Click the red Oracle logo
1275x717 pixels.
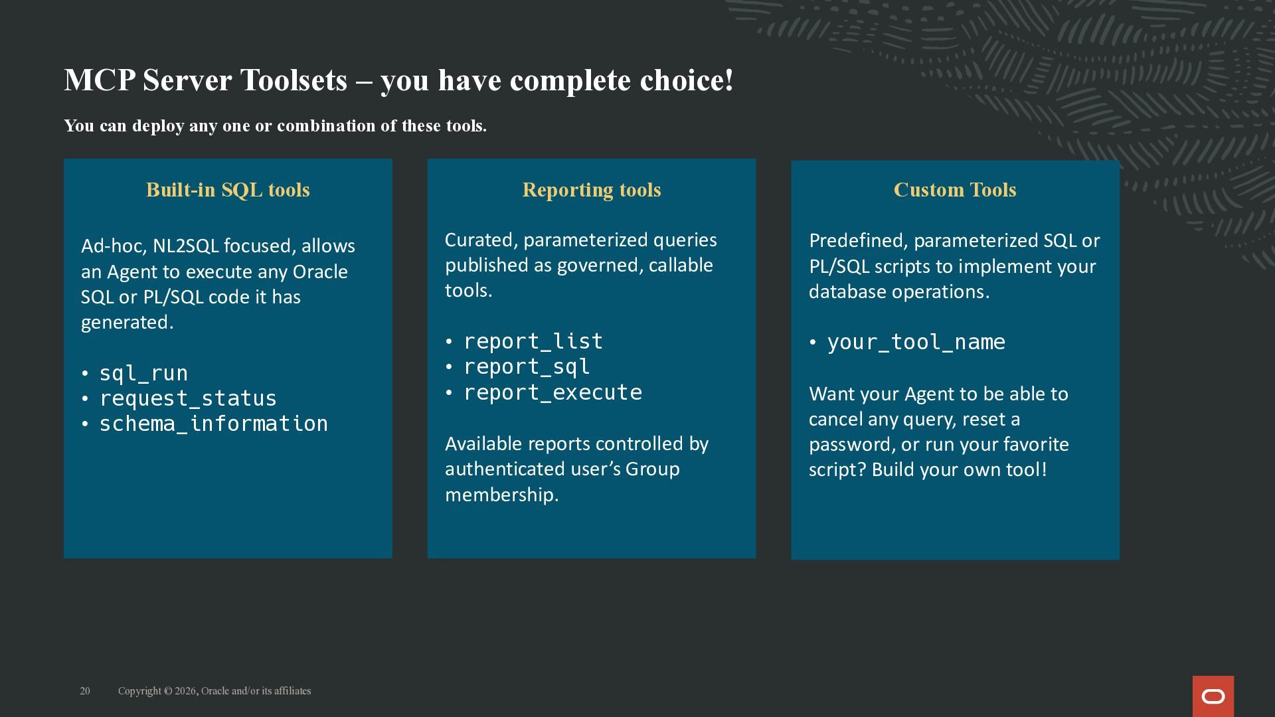[x=1213, y=696]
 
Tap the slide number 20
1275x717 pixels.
[x=85, y=691]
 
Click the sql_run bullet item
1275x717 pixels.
[x=143, y=373]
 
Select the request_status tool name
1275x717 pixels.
[x=188, y=398]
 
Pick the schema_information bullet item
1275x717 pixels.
[x=214, y=424]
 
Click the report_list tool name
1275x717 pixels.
[x=533, y=341]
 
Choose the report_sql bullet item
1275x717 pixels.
[x=527, y=366]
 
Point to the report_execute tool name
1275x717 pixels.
[x=552, y=392]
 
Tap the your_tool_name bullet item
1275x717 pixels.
[x=916, y=342]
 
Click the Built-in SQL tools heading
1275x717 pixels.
[x=228, y=190]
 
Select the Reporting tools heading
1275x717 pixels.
[x=592, y=190]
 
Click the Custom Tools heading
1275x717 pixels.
[x=955, y=190]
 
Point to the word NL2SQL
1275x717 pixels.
[x=185, y=246]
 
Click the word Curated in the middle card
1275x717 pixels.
[x=481, y=240]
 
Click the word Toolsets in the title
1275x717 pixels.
[x=293, y=80]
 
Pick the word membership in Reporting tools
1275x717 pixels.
[x=501, y=495]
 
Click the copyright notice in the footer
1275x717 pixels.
[x=214, y=691]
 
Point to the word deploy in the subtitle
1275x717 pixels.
[x=158, y=126]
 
